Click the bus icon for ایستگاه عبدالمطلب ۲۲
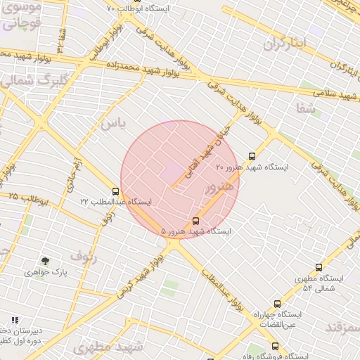coord(115,191)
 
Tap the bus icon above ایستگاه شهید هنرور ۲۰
coord(252,156)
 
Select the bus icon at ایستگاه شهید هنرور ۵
coord(195,221)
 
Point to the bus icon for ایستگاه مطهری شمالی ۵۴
coord(319,267)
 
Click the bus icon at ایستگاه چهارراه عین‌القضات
coord(277,304)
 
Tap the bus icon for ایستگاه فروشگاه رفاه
coord(275,346)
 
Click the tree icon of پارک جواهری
coord(46,262)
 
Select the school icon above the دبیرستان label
coord(15,320)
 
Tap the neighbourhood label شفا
coord(305,109)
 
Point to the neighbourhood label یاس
coord(112,124)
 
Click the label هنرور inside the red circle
coord(218,188)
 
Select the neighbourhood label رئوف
coord(85,256)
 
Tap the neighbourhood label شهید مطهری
coord(108,347)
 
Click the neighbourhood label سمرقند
coord(342,328)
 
